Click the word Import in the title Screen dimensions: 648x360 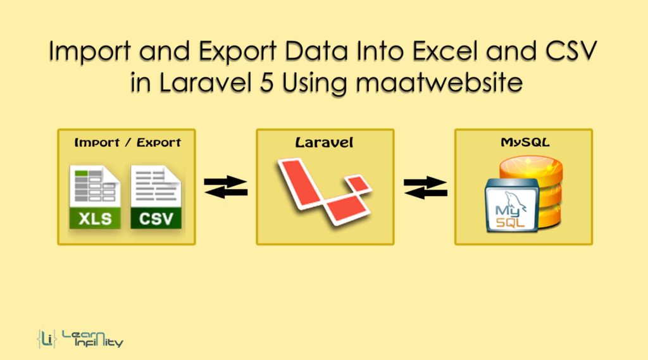tap(90, 52)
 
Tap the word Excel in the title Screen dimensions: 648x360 tap(444, 51)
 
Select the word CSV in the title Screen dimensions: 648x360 tap(571, 51)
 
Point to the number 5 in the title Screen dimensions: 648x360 tap(267, 82)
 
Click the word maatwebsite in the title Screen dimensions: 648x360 tap(439, 82)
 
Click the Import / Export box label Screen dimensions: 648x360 tap(127, 142)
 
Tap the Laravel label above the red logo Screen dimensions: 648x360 tap(325, 142)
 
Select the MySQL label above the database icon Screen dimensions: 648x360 tap(525, 142)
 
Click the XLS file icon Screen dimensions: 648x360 tap(95, 197)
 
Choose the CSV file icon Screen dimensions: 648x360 tap(156, 197)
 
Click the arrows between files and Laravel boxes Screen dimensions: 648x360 tap(226, 187)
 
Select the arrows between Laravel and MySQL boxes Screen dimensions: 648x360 tap(425, 187)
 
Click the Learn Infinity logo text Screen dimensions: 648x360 tap(92, 338)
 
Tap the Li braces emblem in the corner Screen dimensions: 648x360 tap(46, 339)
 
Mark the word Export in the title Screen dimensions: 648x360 tap(238, 52)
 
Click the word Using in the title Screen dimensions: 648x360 tap(315, 83)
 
